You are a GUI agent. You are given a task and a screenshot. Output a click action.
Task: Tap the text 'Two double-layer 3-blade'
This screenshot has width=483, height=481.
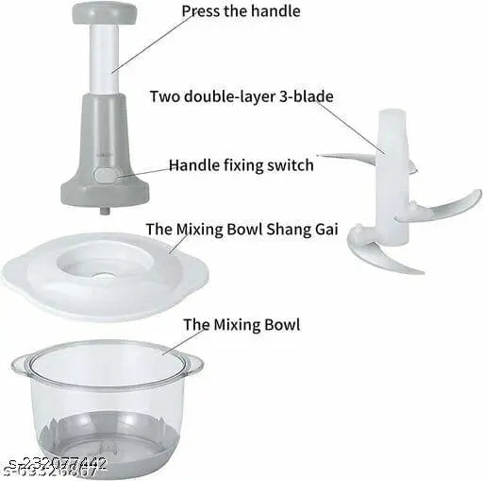coord(240,96)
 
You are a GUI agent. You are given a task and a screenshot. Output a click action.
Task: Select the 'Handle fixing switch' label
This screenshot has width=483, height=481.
coord(241,165)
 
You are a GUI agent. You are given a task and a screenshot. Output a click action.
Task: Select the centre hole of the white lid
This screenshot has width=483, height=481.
coord(106,276)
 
